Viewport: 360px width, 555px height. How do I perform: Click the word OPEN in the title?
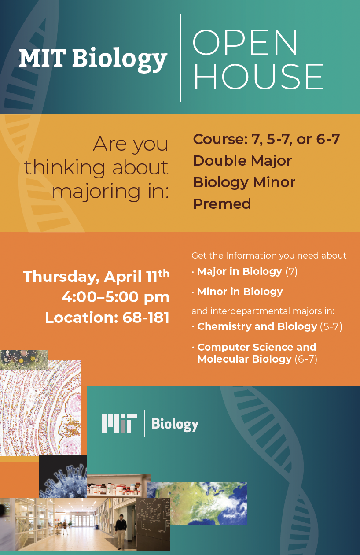coord(245,42)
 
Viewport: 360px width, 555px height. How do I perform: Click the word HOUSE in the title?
coord(258,76)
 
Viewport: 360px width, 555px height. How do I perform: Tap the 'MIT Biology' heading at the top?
coord(93,59)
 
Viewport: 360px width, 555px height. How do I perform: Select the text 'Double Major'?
coord(242,160)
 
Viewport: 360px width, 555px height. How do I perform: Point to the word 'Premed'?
coord(222,203)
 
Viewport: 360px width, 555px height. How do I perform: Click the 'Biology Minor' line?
coord(244,182)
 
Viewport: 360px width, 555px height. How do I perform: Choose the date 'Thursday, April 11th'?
coord(96,276)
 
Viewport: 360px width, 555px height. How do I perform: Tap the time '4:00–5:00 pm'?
coord(116,297)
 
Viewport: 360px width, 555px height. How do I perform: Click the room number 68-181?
coord(146,317)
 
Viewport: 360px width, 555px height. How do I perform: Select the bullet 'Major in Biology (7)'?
coord(247,271)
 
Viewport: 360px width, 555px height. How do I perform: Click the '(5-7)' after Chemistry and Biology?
coord(331,326)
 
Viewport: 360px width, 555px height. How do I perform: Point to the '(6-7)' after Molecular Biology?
coord(306,359)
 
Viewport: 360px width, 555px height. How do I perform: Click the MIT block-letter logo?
coord(119,423)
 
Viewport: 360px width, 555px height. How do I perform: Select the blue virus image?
coord(63,477)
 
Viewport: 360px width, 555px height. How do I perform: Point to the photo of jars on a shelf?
coord(118,486)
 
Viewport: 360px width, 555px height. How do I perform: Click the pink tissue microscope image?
coord(40,408)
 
